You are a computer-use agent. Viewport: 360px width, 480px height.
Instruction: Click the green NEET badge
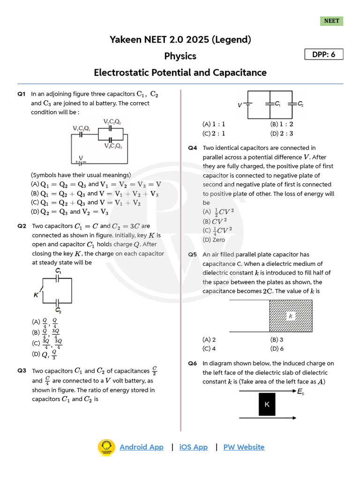(332, 21)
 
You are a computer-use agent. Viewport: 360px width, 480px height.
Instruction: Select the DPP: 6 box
(324, 54)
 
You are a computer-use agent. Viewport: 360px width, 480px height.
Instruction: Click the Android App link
(142, 447)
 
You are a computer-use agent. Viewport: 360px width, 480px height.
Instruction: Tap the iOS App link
(193, 447)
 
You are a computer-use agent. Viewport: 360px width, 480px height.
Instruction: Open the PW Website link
(244, 447)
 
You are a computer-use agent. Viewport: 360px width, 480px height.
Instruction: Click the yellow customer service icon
(106, 447)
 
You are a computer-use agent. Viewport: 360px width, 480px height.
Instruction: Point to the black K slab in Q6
(267, 404)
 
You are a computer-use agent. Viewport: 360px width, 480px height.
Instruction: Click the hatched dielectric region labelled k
(291, 316)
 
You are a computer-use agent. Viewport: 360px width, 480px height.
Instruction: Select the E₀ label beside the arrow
(300, 391)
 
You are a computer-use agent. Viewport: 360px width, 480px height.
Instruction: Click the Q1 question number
(21, 94)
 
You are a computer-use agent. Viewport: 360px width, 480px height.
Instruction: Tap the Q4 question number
(193, 148)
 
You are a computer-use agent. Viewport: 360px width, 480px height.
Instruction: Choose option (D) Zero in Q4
(214, 240)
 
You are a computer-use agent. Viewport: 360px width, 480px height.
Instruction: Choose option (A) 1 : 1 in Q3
(214, 124)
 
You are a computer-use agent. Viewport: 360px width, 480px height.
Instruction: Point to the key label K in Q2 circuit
(36, 295)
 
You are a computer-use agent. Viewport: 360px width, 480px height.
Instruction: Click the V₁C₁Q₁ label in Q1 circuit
(82, 128)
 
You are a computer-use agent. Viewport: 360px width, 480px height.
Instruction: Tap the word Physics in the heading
(180, 56)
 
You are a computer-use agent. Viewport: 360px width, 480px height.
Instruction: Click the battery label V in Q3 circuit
(240, 105)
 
